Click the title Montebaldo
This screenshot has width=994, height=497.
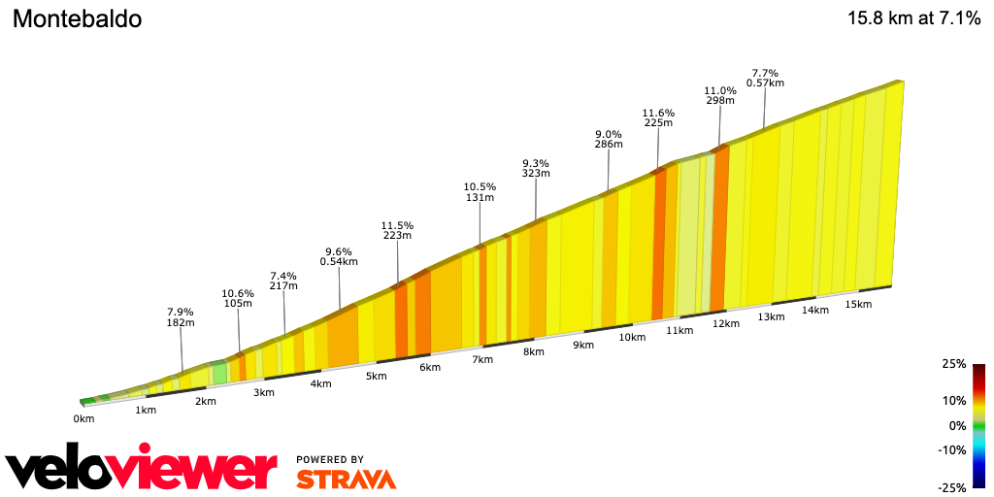[77, 19]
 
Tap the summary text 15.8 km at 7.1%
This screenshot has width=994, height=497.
[913, 18]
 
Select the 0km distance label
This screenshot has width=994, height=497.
[83, 419]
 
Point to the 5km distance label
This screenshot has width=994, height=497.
[376, 376]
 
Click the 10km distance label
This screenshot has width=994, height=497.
[632, 337]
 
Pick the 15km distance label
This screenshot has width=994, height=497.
[858, 304]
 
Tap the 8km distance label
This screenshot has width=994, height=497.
[533, 351]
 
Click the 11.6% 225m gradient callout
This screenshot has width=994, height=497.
[658, 118]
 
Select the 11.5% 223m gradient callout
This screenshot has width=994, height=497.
[397, 230]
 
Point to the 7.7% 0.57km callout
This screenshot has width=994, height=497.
[765, 78]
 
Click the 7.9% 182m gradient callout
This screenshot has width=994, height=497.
[182, 317]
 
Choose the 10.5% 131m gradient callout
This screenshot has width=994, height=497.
[480, 192]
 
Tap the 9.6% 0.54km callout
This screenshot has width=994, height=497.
[340, 256]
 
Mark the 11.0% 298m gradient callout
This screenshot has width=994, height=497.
[719, 95]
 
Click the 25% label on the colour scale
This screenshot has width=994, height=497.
[953, 364]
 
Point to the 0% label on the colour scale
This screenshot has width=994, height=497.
[956, 425]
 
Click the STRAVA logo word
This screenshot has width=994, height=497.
[346, 480]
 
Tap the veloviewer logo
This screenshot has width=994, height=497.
[142, 470]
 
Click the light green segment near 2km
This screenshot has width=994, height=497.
[220, 373]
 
